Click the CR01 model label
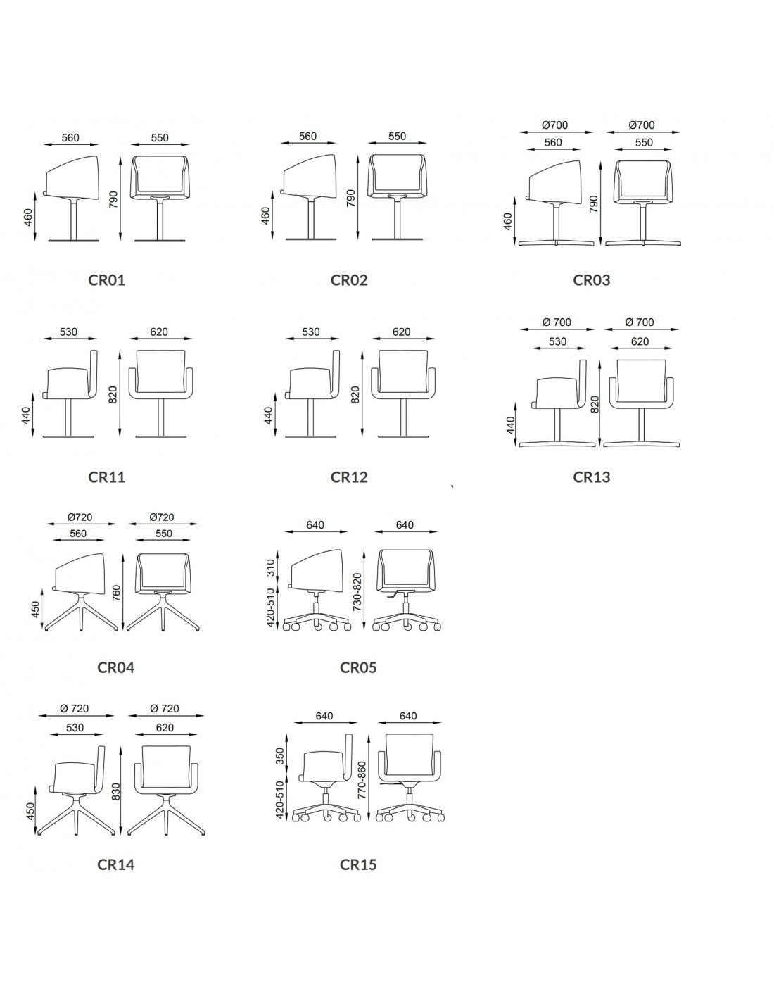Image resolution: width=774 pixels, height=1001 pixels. pyautogui.click(x=106, y=280)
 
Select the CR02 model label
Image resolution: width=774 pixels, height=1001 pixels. pyautogui.click(x=349, y=280)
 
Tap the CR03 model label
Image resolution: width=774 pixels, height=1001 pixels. pyautogui.click(x=592, y=280)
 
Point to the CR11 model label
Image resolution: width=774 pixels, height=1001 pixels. pyautogui.click(x=106, y=477)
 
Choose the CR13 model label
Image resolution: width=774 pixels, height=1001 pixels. pyautogui.click(x=592, y=477)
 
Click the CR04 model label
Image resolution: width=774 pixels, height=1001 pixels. pyautogui.click(x=115, y=667)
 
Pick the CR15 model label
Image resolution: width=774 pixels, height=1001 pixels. pyautogui.click(x=358, y=864)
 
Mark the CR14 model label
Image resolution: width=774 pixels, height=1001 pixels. pyautogui.click(x=115, y=864)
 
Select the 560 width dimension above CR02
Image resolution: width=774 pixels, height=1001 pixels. pyautogui.click(x=307, y=137)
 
